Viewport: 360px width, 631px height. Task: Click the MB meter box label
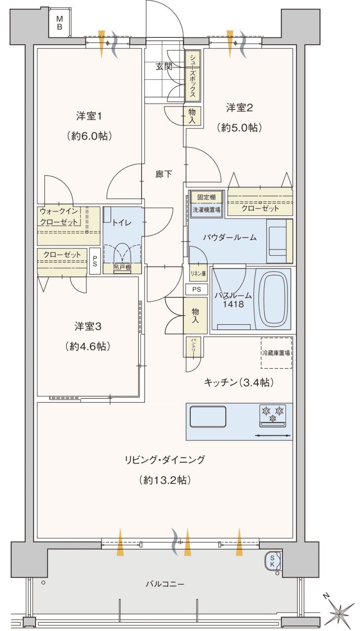(x=59, y=23)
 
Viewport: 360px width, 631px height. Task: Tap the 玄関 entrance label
(x=164, y=67)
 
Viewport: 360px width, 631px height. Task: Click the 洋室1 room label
(x=89, y=117)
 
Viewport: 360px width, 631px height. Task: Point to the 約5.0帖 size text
(x=240, y=127)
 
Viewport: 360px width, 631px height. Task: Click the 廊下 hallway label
(x=164, y=174)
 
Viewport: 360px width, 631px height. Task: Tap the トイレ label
(x=121, y=222)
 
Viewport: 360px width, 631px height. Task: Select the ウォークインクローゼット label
(x=59, y=216)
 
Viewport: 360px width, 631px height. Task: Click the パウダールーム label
(x=230, y=237)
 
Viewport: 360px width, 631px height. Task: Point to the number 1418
(x=233, y=304)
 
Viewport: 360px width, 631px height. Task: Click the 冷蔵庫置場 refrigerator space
(x=276, y=353)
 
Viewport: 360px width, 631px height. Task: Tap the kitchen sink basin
(x=208, y=417)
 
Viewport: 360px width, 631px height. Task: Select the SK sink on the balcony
(x=273, y=561)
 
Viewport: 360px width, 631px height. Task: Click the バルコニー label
(x=165, y=584)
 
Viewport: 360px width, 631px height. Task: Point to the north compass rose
(x=340, y=612)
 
